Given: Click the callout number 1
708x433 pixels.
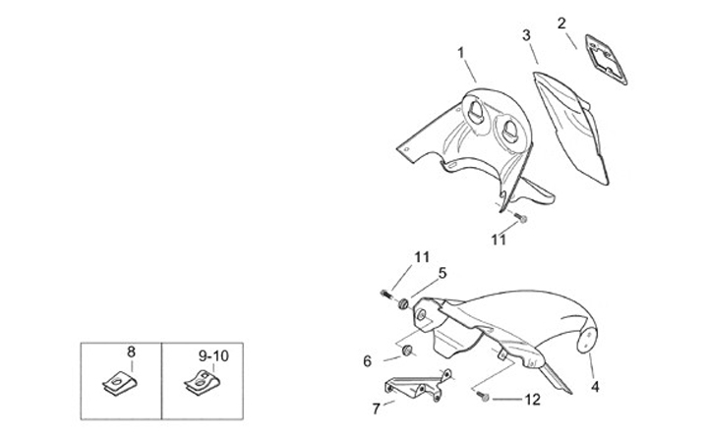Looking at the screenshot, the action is pyautogui.click(x=461, y=50).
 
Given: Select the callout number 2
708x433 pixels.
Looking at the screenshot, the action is pyautogui.click(x=562, y=23).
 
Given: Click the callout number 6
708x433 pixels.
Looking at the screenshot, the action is pyautogui.click(x=368, y=361).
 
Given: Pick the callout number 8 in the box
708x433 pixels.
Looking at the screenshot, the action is pyautogui.click(x=131, y=351).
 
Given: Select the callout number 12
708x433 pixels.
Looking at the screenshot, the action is pyautogui.click(x=531, y=400).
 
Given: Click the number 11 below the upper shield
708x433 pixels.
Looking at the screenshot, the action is pyautogui.click(x=500, y=239).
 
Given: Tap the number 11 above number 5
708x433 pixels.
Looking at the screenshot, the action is pyautogui.click(x=422, y=257).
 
